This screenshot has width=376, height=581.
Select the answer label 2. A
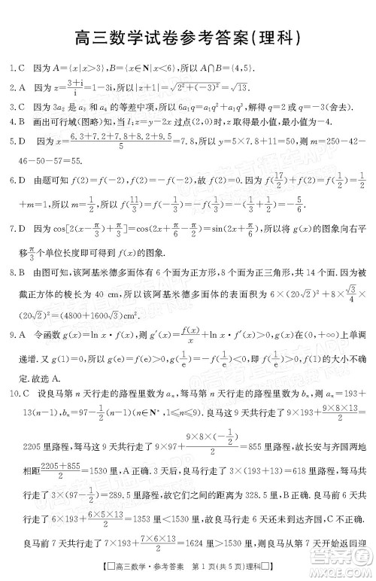16,87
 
